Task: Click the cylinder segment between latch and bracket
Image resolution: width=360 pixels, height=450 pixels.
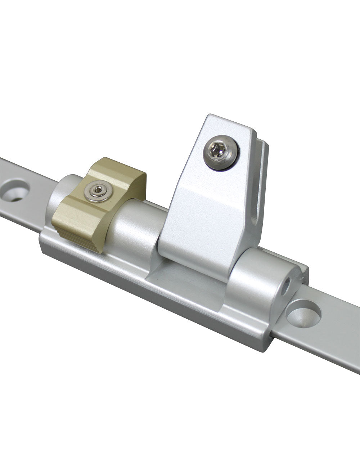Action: coord(137,227)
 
